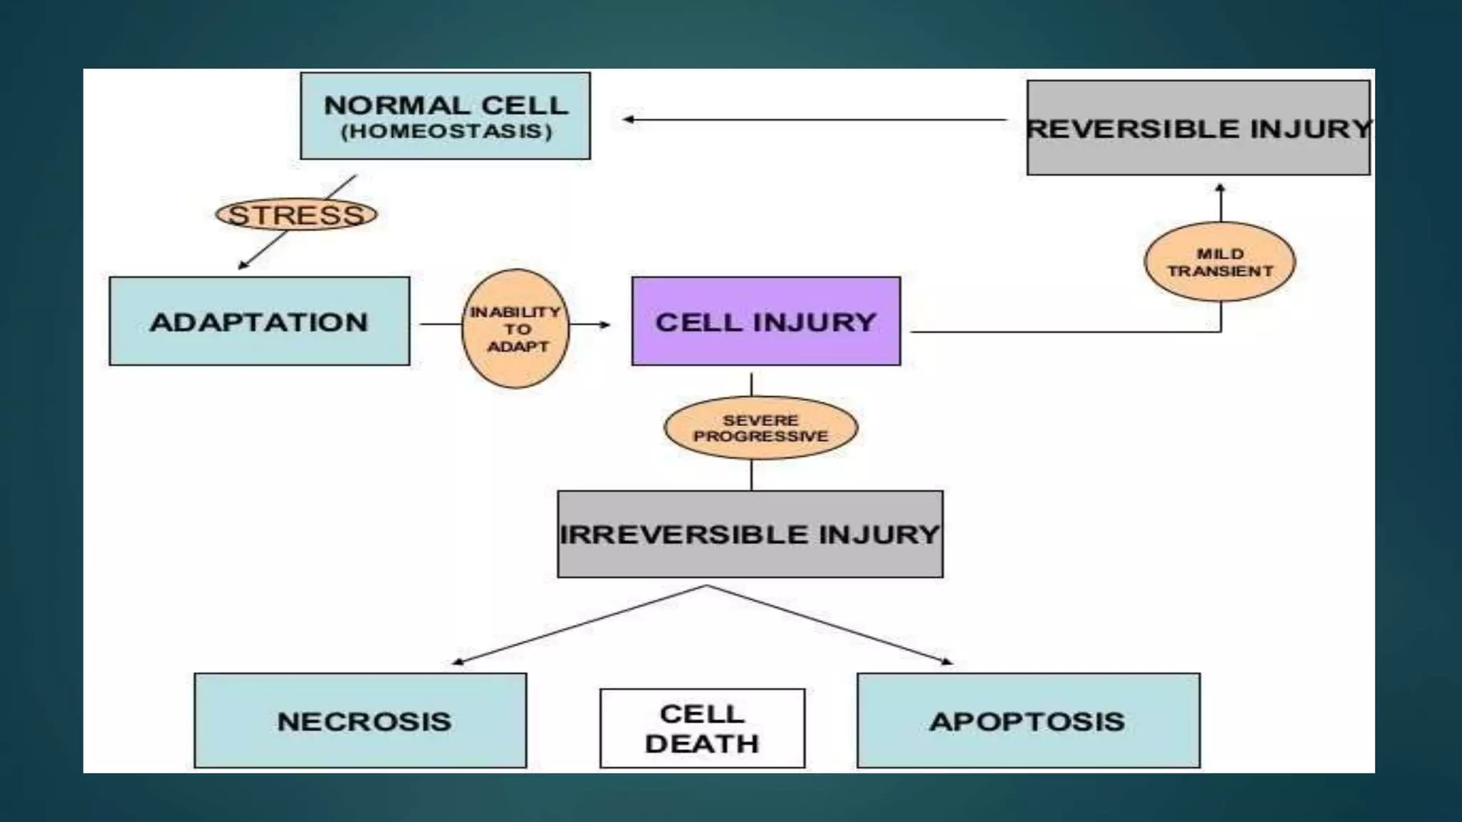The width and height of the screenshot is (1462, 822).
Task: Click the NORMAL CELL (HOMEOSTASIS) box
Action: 445,116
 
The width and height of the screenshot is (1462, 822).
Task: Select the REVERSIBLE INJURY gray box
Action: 1198,128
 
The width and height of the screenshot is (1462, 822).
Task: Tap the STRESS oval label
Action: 296,215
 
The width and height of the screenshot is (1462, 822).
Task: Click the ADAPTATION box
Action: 259,322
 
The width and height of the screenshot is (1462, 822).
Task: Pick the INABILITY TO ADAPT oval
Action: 515,329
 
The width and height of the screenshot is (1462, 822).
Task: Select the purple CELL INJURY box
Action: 765,322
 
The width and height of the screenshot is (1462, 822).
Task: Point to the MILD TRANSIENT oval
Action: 1219,262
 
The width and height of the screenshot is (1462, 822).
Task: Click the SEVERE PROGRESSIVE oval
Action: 760,428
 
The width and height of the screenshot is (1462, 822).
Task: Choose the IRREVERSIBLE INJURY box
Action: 750,534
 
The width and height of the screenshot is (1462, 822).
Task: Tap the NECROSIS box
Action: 361,721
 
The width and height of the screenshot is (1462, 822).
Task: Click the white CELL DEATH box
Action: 702,728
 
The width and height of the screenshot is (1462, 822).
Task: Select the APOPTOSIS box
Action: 1028,721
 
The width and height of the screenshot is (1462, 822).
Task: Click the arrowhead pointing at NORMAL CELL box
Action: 628,120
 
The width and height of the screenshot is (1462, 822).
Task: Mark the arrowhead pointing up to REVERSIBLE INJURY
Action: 1220,188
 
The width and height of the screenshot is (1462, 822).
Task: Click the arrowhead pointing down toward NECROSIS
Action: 458,661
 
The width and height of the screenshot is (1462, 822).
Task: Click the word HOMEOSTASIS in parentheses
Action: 446,132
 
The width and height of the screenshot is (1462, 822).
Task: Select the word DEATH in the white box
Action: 702,744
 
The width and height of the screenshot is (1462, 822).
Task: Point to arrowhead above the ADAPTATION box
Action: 243,265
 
